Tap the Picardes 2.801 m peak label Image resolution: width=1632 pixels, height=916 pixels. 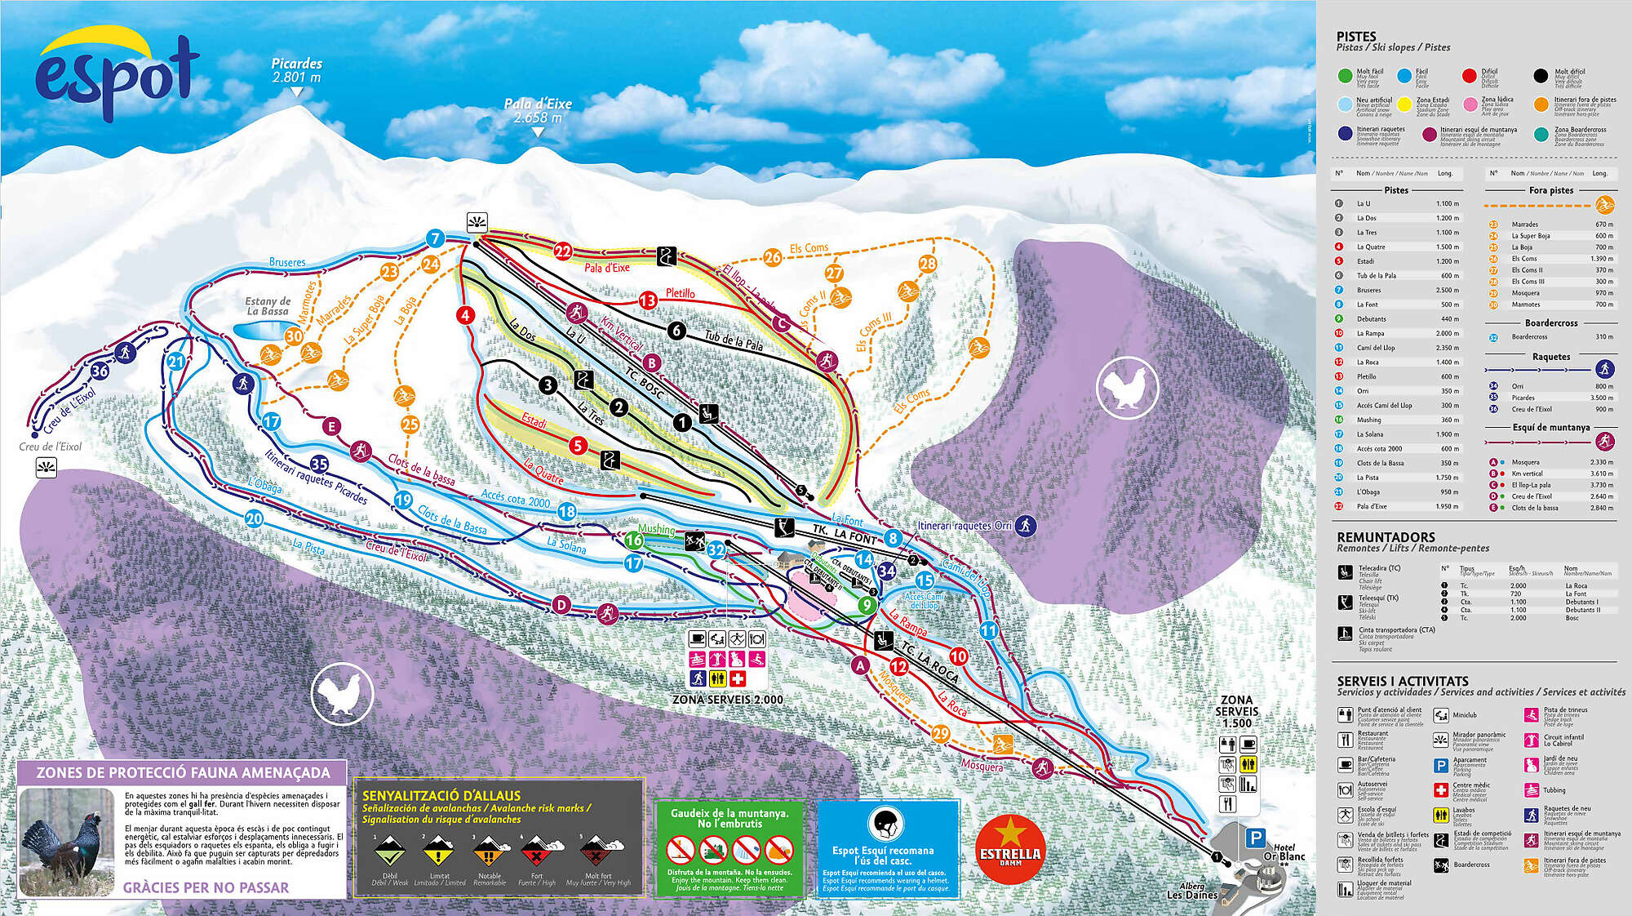coord(296,70)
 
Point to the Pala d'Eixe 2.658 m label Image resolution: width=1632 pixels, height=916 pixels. coord(537,110)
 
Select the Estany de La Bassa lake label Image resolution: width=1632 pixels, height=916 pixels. coord(268,306)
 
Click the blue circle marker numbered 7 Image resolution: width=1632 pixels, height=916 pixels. coord(435,238)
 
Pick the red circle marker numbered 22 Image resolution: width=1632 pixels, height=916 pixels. coord(562,251)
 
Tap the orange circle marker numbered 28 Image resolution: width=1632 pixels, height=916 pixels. coord(928,263)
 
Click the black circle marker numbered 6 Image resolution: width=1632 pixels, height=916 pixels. coord(676,330)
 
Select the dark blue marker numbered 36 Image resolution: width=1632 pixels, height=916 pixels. coord(100,371)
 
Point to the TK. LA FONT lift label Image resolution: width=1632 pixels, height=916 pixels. coord(844,536)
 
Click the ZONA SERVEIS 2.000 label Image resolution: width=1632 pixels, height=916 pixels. coord(727,700)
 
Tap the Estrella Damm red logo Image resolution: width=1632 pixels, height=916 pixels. coord(1009,850)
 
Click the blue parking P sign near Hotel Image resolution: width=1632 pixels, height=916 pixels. coord(1255,837)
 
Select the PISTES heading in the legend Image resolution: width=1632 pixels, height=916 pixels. coord(1355,37)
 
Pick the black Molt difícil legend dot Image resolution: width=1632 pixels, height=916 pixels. coord(1540,76)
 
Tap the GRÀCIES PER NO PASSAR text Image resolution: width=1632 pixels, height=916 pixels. coord(206,887)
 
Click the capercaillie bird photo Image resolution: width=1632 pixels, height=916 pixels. coord(67,843)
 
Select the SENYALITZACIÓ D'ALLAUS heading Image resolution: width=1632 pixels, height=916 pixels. coord(441,795)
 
